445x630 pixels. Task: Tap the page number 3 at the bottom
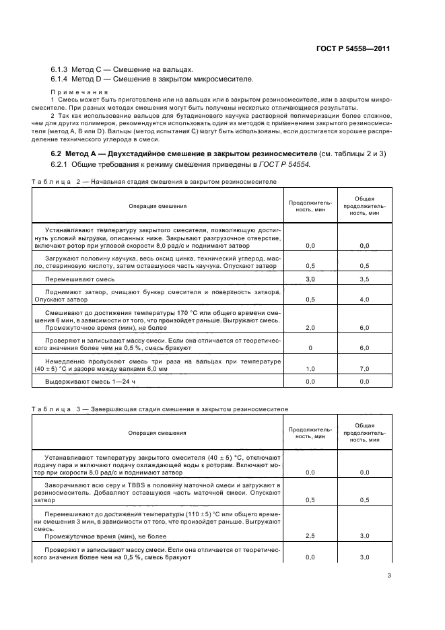click(389, 575)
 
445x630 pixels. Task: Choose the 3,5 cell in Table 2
click(364, 279)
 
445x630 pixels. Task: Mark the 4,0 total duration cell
click(364, 299)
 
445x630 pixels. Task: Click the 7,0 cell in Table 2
click(364, 368)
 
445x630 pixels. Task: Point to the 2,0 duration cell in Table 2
click(310, 327)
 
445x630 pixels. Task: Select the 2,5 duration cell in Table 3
click(310, 536)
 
